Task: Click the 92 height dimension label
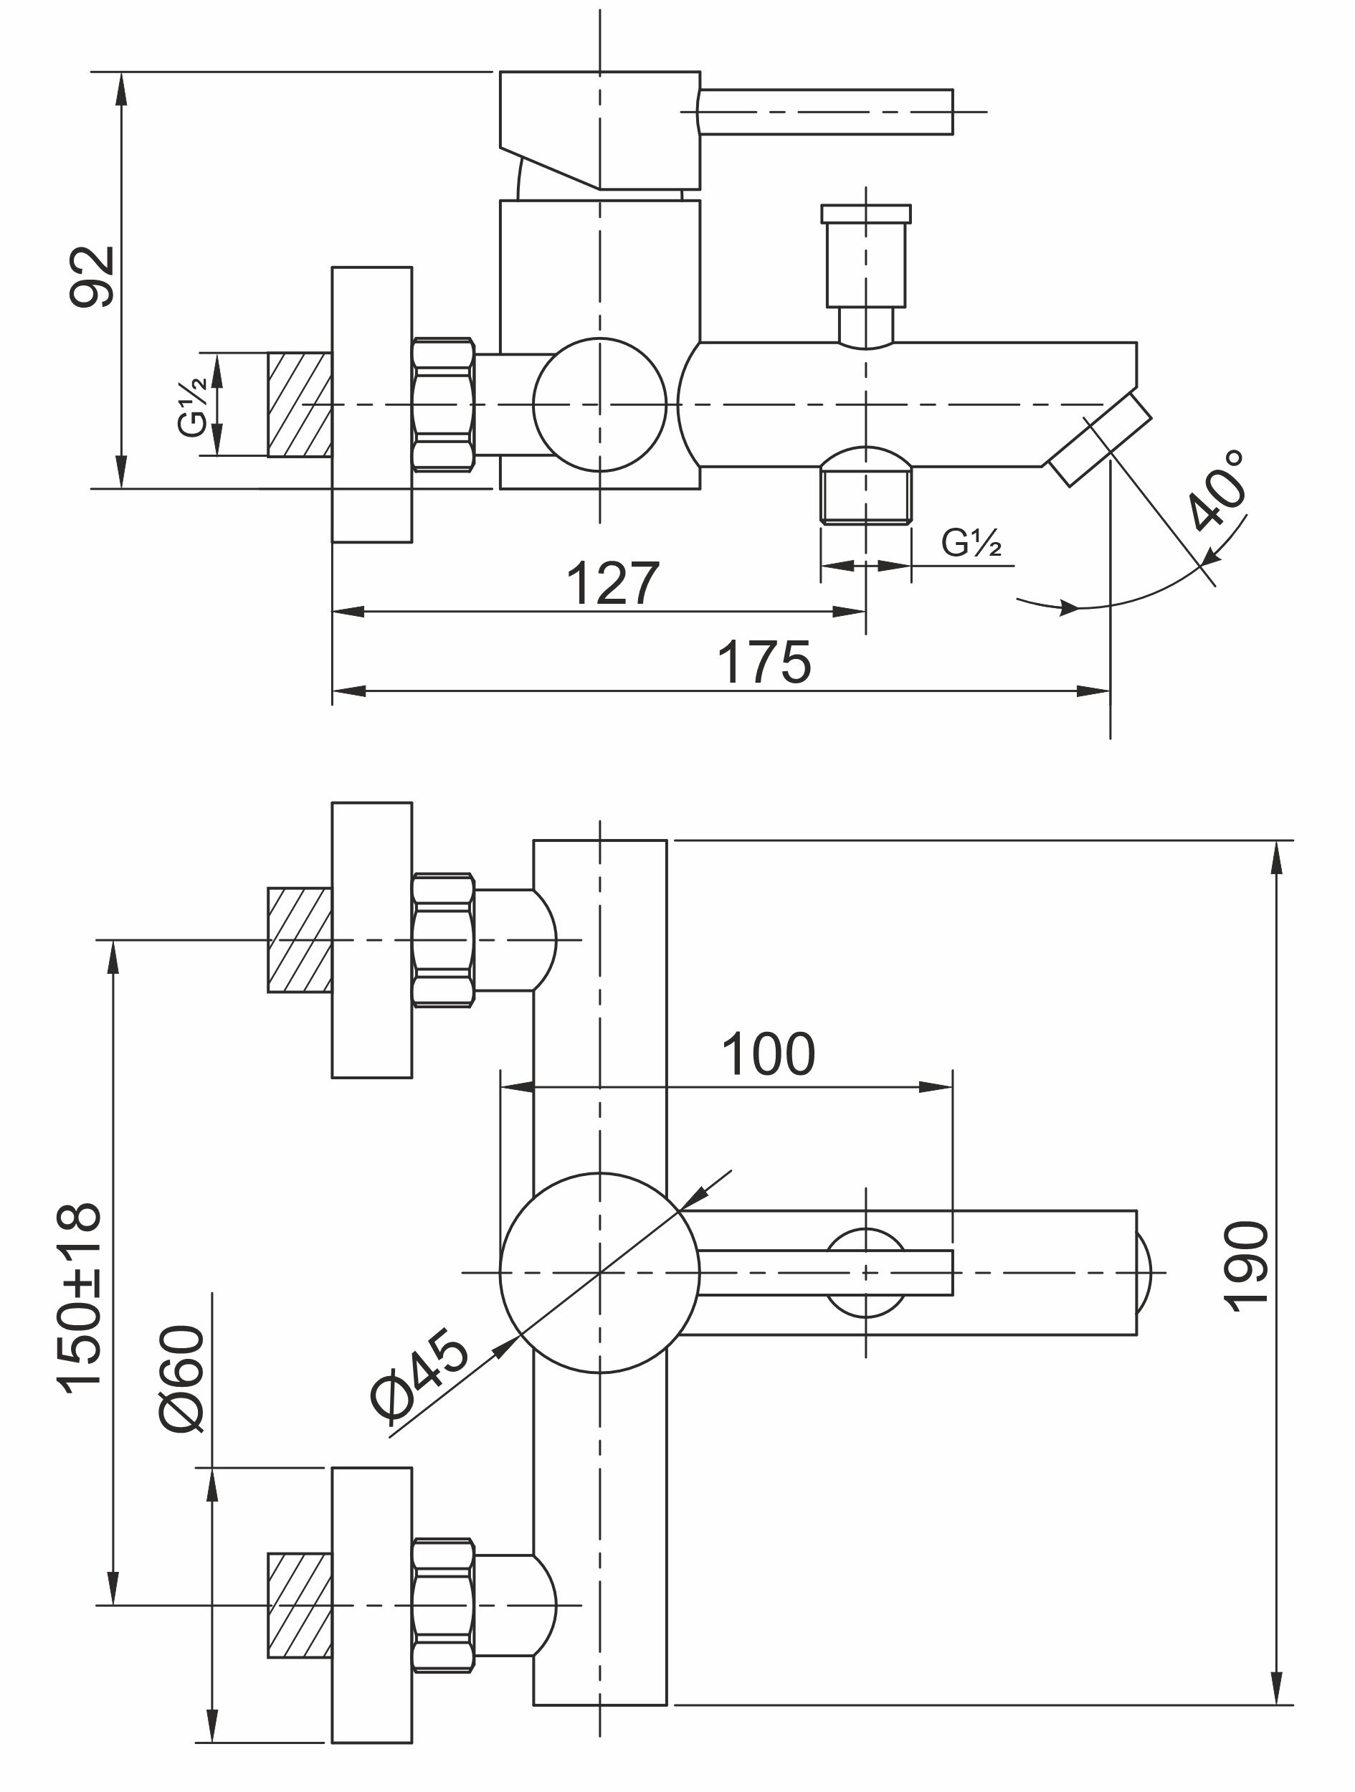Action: coord(91,277)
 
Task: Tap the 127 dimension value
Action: coord(612,583)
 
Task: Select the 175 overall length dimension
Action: coord(763,663)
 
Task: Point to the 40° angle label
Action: coord(1217,490)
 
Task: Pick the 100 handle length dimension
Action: coord(768,1055)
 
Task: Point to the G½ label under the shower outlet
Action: coord(971,543)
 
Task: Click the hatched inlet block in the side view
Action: coord(300,404)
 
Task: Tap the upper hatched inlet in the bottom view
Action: coord(300,940)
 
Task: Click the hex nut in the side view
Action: coord(442,404)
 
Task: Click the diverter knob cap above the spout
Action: coord(865,213)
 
